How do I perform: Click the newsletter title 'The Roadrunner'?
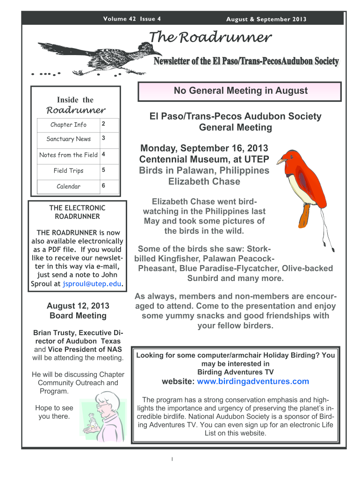(x=210, y=37)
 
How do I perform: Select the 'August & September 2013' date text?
(x=266, y=19)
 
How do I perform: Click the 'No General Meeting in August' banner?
(x=240, y=91)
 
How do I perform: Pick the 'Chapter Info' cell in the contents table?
(x=68, y=125)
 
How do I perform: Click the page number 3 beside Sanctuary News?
(x=103, y=139)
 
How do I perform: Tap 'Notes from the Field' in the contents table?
(x=68, y=155)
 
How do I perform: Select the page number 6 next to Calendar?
(x=103, y=186)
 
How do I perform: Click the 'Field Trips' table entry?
(x=68, y=170)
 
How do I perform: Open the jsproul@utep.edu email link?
(x=92, y=283)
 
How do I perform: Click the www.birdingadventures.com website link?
(x=253, y=381)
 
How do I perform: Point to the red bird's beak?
(x=281, y=161)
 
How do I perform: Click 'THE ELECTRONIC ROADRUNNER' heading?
(x=77, y=212)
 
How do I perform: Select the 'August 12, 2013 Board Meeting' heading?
(x=78, y=310)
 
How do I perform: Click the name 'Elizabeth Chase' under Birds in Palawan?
(x=203, y=181)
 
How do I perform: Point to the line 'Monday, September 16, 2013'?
(x=204, y=148)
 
